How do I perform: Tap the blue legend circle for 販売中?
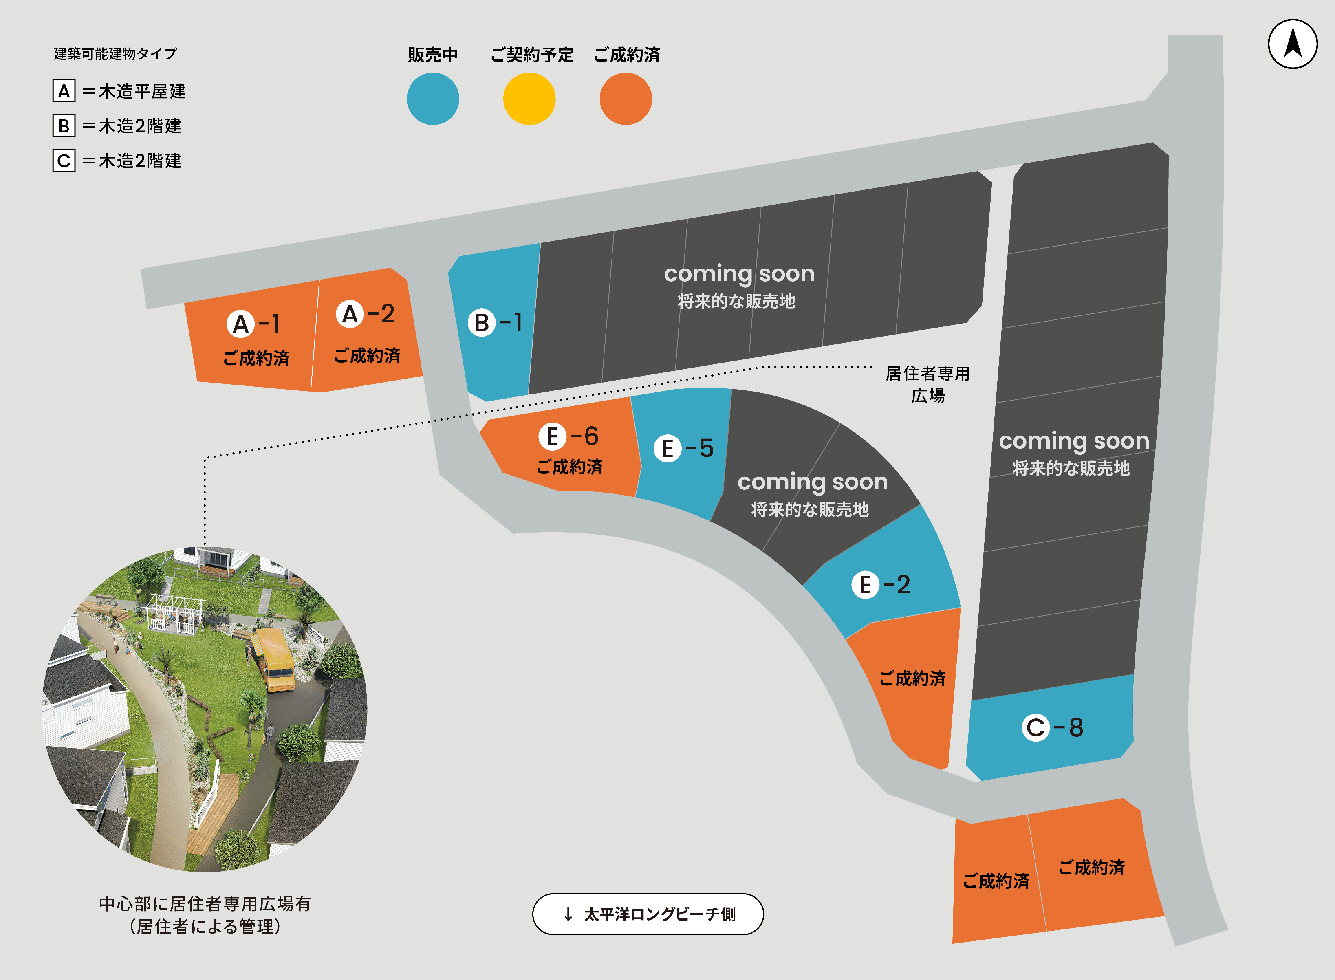pyautogui.click(x=432, y=99)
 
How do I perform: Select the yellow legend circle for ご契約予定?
pyautogui.click(x=529, y=99)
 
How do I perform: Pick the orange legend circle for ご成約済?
pyautogui.click(x=626, y=99)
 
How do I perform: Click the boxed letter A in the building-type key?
pyautogui.click(x=64, y=91)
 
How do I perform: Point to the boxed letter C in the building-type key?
pyautogui.click(x=64, y=161)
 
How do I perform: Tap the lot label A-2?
pyautogui.click(x=365, y=314)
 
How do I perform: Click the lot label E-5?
pyautogui.click(x=683, y=449)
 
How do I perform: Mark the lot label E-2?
pyautogui.click(x=881, y=585)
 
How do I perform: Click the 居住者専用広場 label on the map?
pyautogui.click(x=927, y=384)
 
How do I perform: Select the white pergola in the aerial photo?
pyautogui.click(x=176, y=614)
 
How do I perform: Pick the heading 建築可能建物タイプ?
pyautogui.click(x=115, y=54)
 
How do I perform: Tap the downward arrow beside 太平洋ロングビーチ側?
pyautogui.click(x=568, y=914)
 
